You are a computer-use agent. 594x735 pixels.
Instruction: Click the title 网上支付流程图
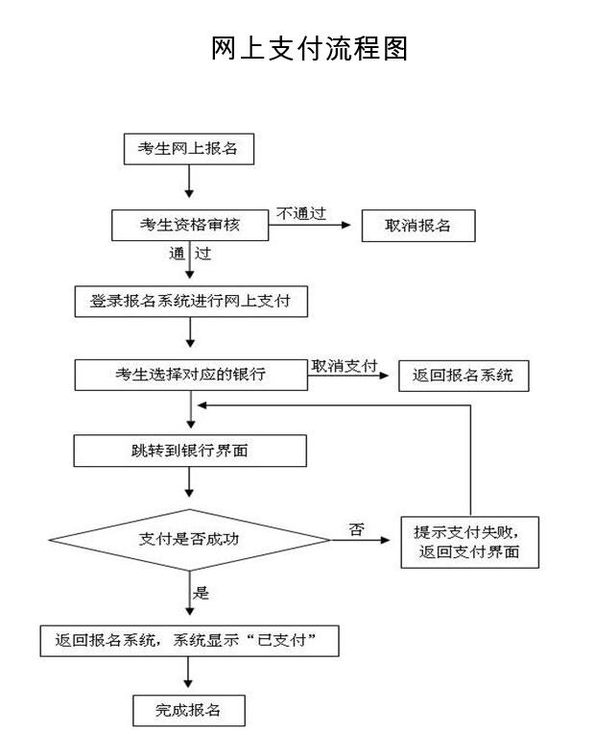309,48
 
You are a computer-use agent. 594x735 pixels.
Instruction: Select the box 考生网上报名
189,149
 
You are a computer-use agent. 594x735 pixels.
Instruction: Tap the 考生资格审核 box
189,225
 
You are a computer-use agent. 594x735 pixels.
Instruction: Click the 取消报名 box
417,225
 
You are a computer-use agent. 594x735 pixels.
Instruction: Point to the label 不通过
300,213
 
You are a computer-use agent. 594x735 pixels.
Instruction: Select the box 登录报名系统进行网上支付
191,301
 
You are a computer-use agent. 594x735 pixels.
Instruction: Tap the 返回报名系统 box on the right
463,376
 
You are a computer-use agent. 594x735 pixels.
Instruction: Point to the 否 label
357,528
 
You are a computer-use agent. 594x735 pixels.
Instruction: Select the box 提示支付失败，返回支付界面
469,542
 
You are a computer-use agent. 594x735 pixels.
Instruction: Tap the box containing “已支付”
190,641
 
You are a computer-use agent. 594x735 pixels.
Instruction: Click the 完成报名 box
188,711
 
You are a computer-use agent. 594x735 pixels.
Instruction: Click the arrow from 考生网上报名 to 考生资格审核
189,183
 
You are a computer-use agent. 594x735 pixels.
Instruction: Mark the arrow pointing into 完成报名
189,677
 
